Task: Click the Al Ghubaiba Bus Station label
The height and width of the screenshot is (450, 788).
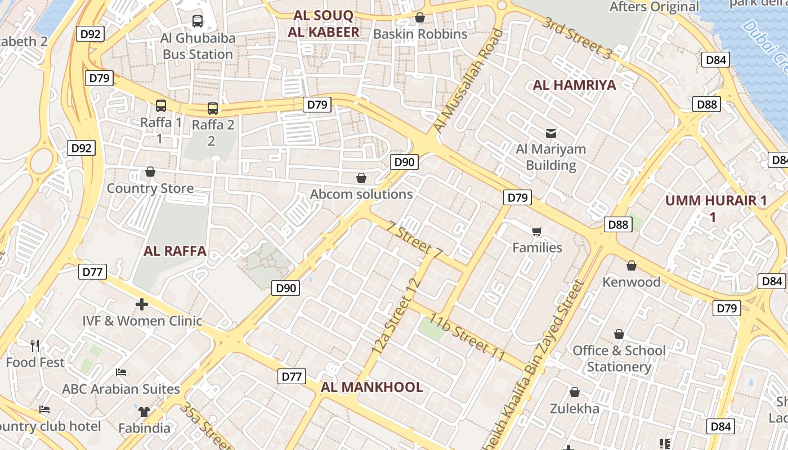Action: pyautogui.click(x=198, y=46)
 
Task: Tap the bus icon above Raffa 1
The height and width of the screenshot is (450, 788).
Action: pyautogui.click(x=161, y=105)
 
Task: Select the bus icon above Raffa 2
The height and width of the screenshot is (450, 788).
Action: pyautogui.click(x=212, y=108)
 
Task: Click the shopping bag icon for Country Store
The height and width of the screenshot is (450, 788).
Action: pyautogui.click(x=150, y=172)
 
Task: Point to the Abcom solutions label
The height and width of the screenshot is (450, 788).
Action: pyautogui.click(x=361, y=194)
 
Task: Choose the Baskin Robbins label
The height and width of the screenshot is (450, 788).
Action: pyautogui.click(x=420, y=34)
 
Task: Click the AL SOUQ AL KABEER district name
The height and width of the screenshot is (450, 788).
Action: pyautogui.click(x=323, y=24)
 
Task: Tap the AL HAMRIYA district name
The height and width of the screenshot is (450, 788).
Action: pyautogui.click(x=574, y=85)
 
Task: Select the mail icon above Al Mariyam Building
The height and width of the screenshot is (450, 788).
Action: pyautogui.click(x=551, y=133)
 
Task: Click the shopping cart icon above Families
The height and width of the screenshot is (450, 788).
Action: pyautogui.click(x=537, y=231)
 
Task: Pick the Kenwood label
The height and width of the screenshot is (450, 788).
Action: pyautogui.click(x=632, y=282)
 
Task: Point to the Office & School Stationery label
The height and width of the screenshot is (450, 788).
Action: pyautogui.click(x=619, y=358)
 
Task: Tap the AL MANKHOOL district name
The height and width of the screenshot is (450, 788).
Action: pyautogui.click(x=371, y=387)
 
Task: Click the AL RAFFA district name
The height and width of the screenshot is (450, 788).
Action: pyautogui.click(x=175, y=251)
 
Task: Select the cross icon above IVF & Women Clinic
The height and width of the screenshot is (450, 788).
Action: pyautogui.click(x=142, y=304)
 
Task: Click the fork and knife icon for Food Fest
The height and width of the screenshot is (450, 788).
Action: pyautogui.click(x=35, y=345)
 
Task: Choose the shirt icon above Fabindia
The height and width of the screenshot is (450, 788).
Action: pyautogui.click(x=144, y=412)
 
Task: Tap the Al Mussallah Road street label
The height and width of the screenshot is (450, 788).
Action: pyautogui.click(x=465, y=82)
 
